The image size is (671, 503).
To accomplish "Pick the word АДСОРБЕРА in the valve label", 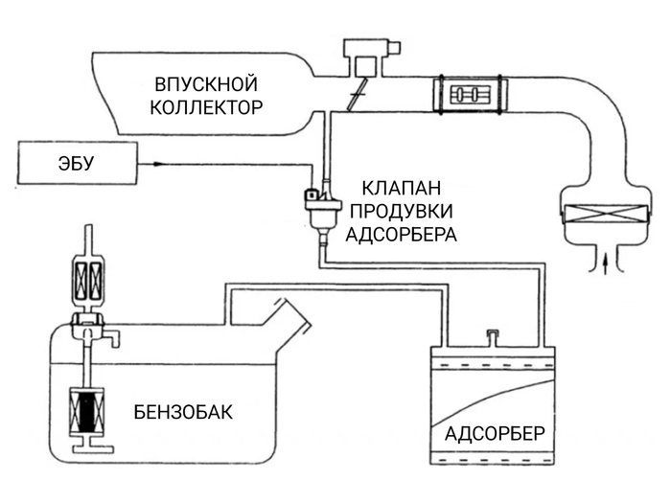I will (403, 233).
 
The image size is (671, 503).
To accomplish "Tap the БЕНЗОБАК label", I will (183, 413).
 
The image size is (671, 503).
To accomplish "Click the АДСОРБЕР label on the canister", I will (495, 433).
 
